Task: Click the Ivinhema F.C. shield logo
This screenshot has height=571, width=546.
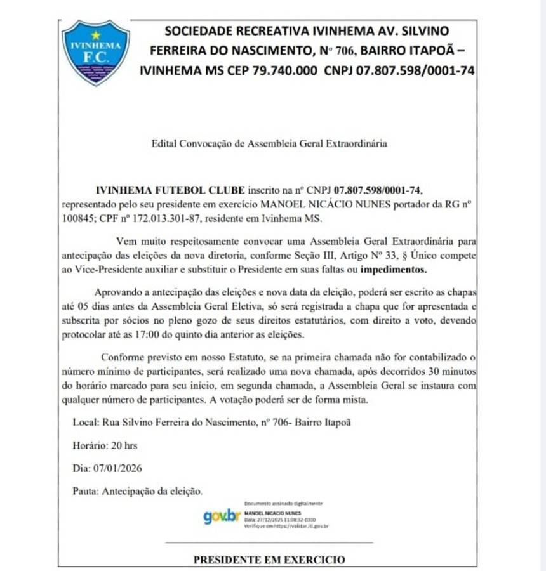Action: (95, 52)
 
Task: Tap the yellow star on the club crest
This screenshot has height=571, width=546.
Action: (96, 35)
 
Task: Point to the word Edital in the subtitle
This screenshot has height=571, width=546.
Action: (164, 144)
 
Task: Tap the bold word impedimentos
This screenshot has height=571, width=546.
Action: (394, 269)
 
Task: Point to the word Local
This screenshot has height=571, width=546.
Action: (86, 423)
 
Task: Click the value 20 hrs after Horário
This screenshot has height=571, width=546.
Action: (126, 445)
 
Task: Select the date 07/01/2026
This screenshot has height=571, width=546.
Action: (117, 468)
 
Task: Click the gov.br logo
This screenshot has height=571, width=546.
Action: (222, 516)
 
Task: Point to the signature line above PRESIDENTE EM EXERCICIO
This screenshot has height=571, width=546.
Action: (269, 543)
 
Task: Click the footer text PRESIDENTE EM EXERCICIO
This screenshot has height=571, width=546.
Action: (269, 560)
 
